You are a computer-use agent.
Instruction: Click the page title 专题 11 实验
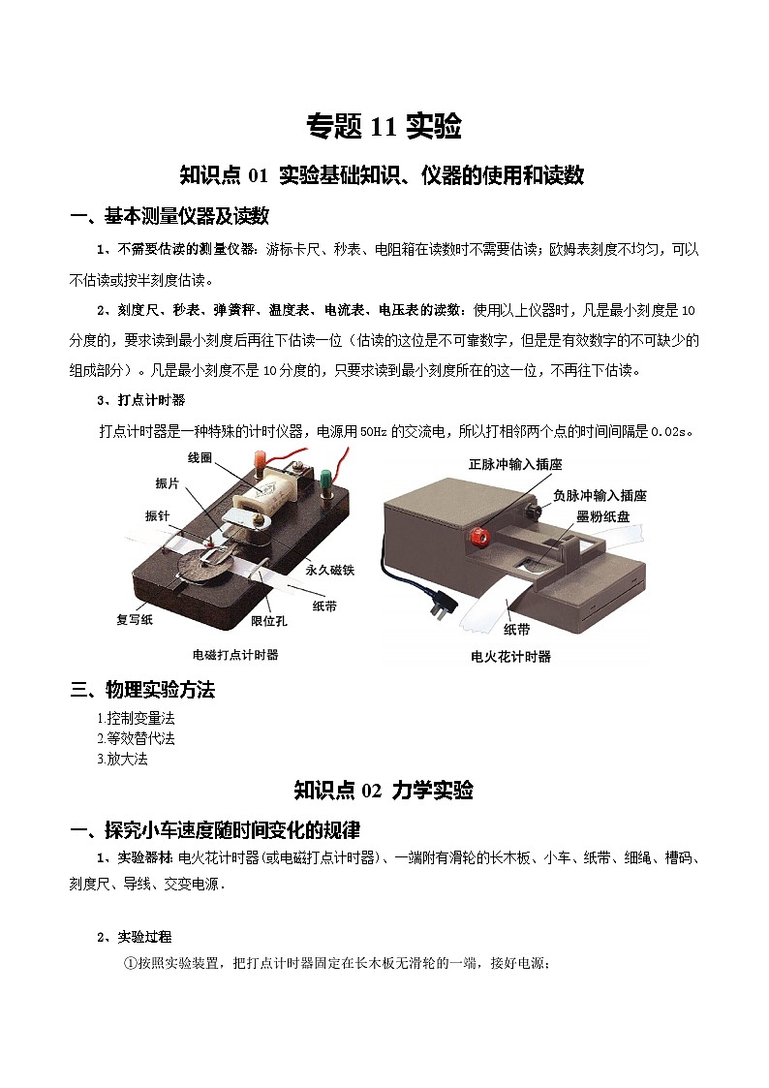[384, 126]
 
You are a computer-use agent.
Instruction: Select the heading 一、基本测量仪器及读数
[169, 215]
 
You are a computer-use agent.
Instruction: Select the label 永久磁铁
[330, 571]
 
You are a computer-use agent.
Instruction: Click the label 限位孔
[267, 620]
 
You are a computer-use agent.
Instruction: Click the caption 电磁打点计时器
[235, 655]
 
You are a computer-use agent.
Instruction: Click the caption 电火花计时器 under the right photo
[510, 656]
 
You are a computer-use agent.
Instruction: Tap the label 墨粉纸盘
[602, 517]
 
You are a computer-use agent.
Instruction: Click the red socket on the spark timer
[477, 533]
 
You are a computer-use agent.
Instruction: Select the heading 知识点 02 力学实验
[384, 791]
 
